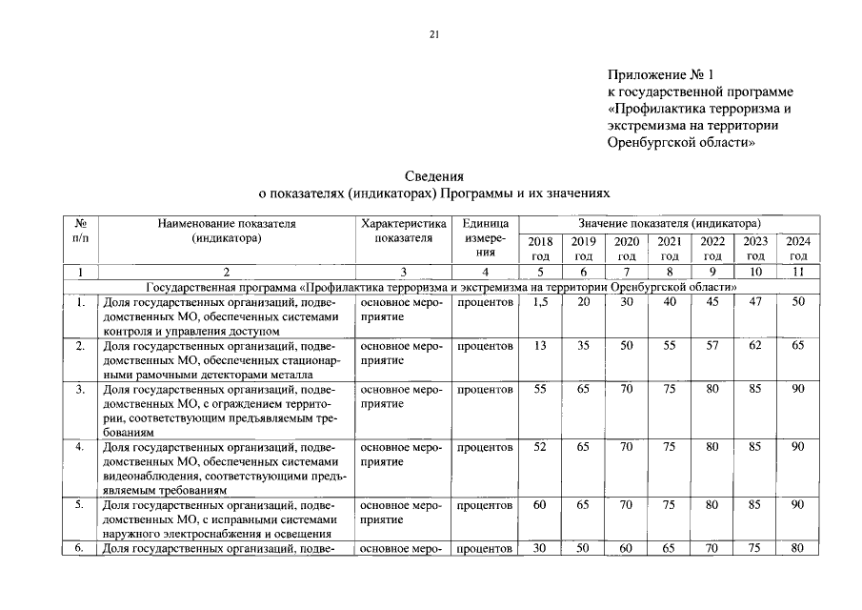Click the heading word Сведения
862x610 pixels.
pyautogui.click(x=433, y=175)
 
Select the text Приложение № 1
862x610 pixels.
pyautogui.click(x=659, y=74)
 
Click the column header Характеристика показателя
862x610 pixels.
pyautogui.click(x=403, y=231)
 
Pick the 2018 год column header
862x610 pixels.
pyautogui.click(x=539, y=249)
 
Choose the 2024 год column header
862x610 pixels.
pyautogui.click(x=797, y=249)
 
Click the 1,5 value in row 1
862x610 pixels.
pyautogui.click(x=539, y=303)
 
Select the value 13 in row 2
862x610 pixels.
pyautogui.click(x=539, y=347)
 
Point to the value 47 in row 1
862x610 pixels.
pyautogui.click(x=754, y=303)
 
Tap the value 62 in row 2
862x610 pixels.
pyautogui.click(x=754, y=347)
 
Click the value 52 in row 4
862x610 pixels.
pyautogui.click(x=539, y=448)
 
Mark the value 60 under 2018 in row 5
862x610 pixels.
pyautogui.click(x=539, y=504)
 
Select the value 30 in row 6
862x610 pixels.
pyautogui.click(x=539, y=548)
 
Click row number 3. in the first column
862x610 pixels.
pyautogui.click(x=81, y=390)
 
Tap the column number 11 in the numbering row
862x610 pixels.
pyautogui.click(x=797, y=273)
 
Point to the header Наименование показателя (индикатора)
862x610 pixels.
pyautogui.click(x=227, y=231)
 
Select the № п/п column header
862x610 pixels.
pyautogui.click(x=81, y=230)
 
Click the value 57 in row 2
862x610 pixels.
pyautogui.click(x=712, y=347)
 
